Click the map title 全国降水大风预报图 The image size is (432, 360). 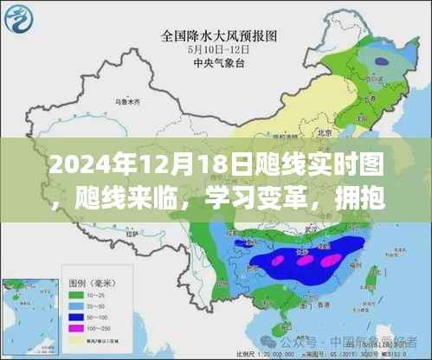[216, 36]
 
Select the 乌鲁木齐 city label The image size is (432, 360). [113, 102]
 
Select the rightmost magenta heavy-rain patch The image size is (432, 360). [330, 258]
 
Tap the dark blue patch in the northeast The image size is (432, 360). [382, 61]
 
